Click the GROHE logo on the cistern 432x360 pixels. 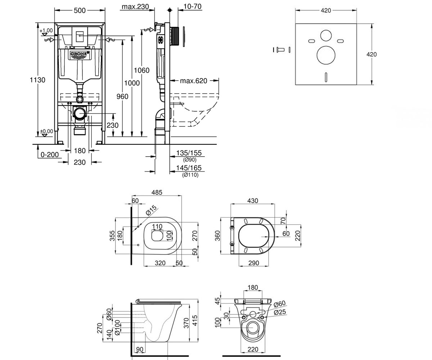pyautogui.click(x=80, y=54)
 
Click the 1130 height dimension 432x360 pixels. pyautogui.click(x=37, y=80)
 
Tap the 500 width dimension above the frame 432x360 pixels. pyautogui.click(x=80, y=10)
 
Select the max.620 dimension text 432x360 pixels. pyautogui.click(x=193, y=81)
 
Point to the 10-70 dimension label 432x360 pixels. pyautogui.click(x=192, y=6)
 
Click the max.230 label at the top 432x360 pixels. pyautogui.click(x=135, y=6)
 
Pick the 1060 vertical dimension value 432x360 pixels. pyautogui.click(x=141, y=70)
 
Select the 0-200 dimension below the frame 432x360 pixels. pyautogui.click(x=50, y=154)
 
